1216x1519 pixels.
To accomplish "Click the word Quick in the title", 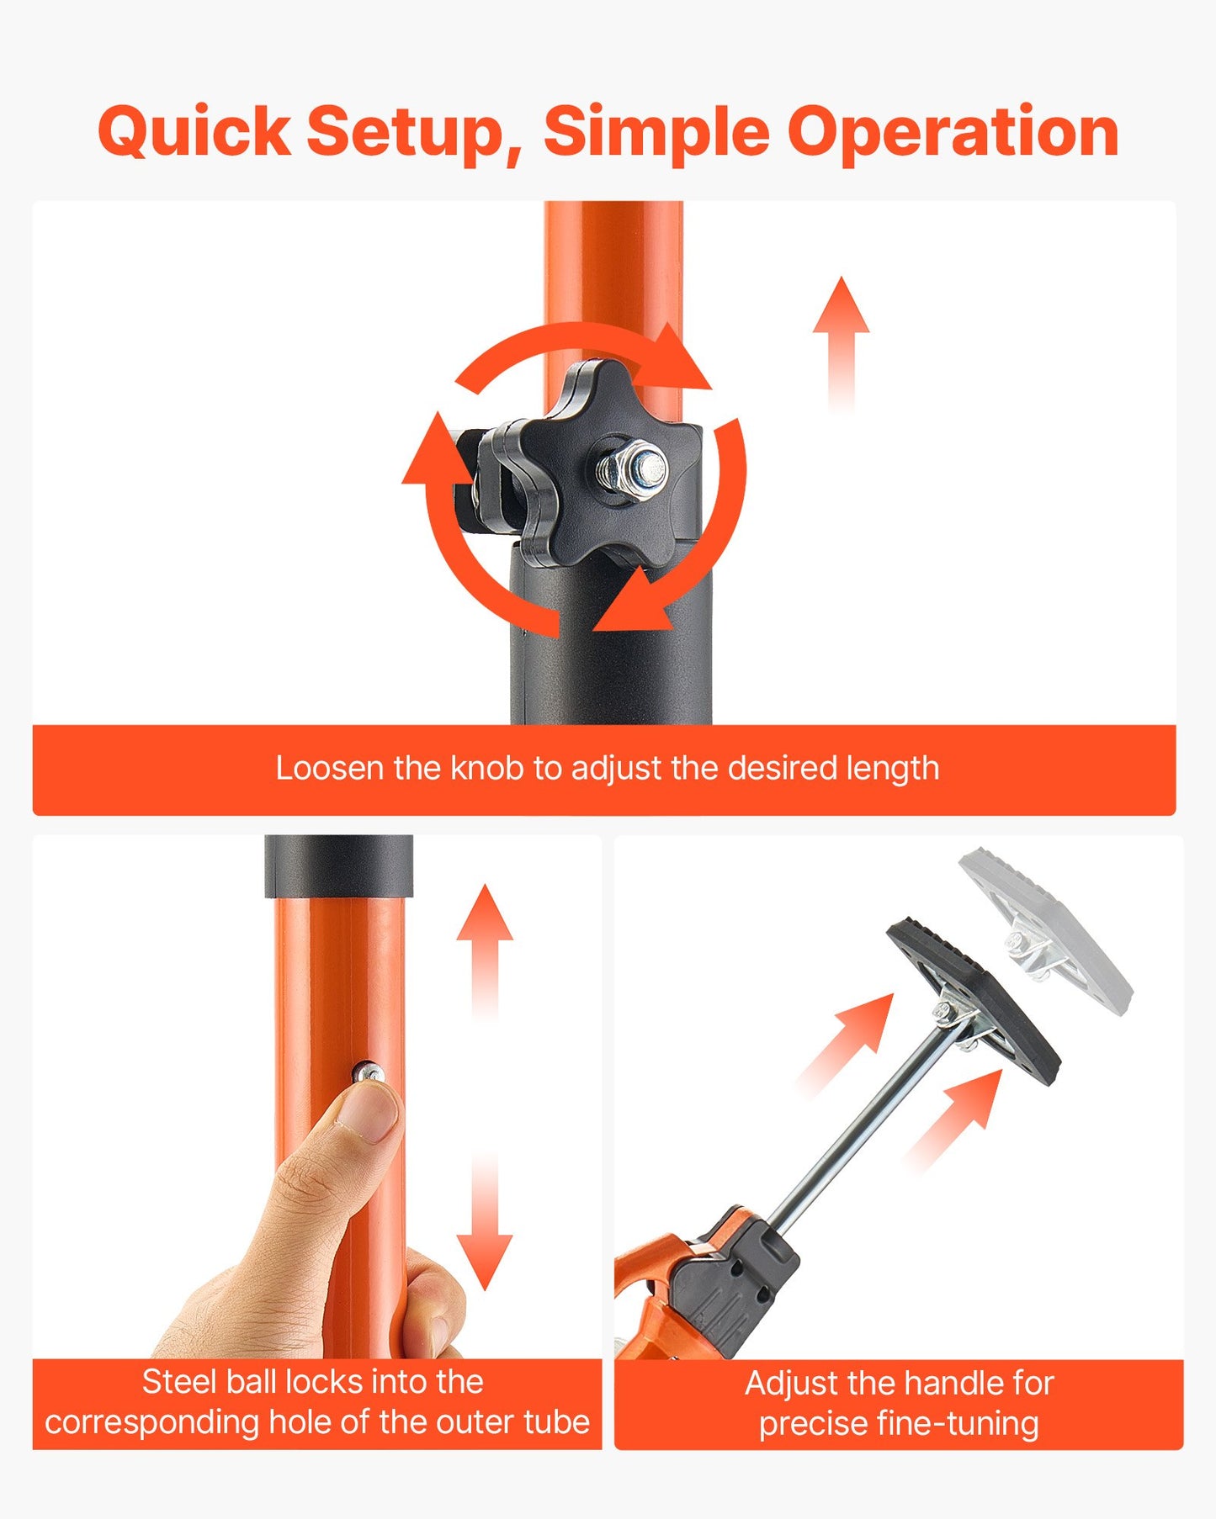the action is pyautogui.click(x=194, y=133).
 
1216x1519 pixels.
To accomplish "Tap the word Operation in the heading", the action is pyautogui.click(x=953, y=133).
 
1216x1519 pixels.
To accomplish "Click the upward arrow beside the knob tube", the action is pyautogui.click(x=842, y=346).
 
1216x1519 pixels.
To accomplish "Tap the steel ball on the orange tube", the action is pyautogui.click(x=369, y=1072).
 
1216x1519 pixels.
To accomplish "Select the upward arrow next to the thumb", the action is pyautogui.click(x=485, y=950).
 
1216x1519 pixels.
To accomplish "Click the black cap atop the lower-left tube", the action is pyautogui.click(x=338, y=867).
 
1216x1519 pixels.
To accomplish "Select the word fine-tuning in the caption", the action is pyautogui.click(x=958, y=1424).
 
